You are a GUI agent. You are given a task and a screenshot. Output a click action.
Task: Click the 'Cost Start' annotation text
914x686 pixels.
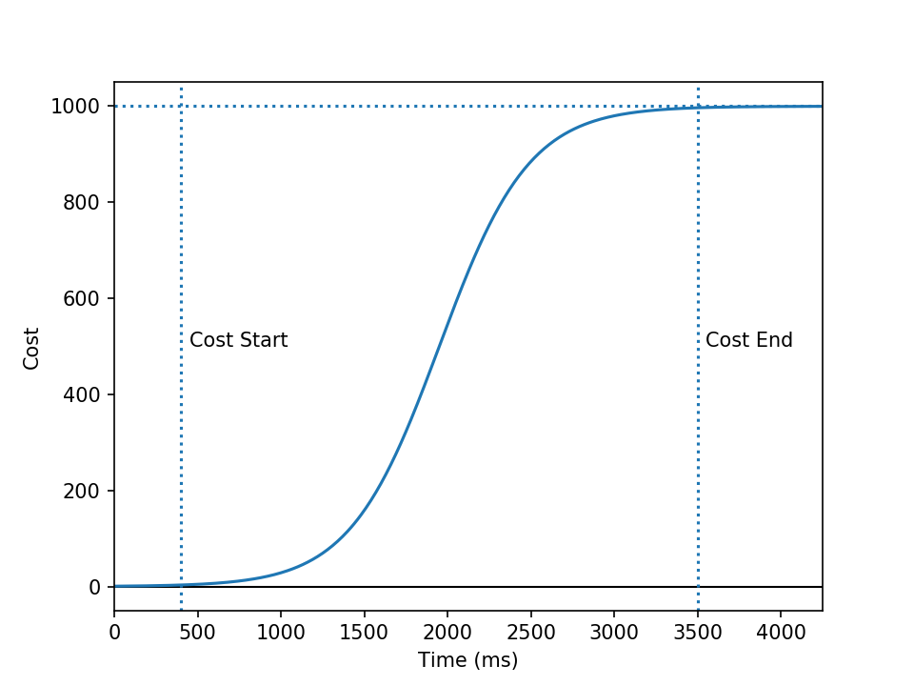point(238,340)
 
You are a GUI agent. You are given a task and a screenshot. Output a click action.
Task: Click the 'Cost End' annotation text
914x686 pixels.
point(748,340)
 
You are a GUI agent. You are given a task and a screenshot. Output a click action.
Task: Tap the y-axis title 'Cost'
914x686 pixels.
point(31,348)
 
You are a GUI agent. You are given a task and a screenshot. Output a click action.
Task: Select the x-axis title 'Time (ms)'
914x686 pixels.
point(467,659)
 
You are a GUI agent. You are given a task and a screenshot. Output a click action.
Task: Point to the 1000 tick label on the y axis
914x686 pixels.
point(75,106)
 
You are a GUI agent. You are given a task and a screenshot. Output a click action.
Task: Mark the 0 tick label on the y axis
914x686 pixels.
point(94,587)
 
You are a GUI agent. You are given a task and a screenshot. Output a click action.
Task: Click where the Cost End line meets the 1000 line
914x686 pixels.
point(698,106)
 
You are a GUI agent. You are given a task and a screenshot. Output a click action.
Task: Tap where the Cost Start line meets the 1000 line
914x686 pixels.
point(181,106)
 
